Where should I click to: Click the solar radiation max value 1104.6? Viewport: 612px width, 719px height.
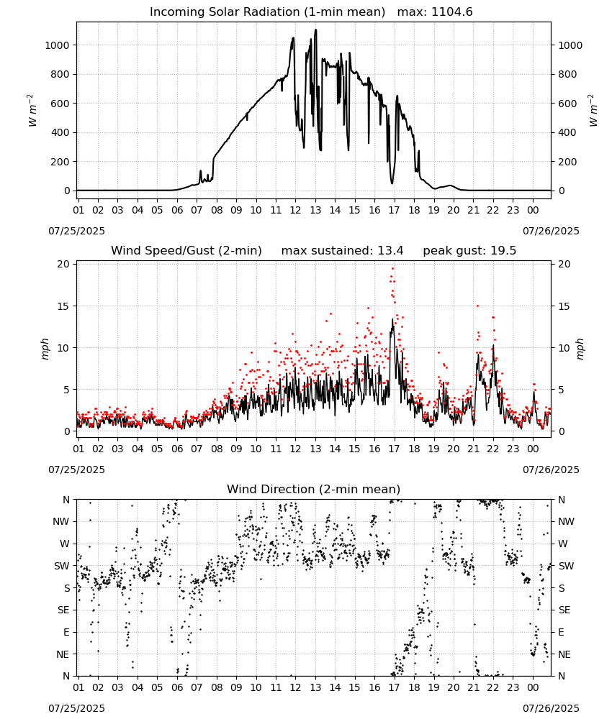tap(451, 12)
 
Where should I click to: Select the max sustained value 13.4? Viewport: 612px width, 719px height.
tap(390, 250)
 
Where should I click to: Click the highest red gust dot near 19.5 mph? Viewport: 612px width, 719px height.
tap(392, 269)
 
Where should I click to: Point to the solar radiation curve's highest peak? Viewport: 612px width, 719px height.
tap(315, 29)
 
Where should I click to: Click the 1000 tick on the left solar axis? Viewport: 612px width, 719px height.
tap(57, 45)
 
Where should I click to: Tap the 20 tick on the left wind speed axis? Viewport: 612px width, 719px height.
tap(63, 264)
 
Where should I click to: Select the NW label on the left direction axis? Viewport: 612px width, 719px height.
tap(61, 521)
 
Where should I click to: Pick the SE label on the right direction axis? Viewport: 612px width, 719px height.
tap(564, 610)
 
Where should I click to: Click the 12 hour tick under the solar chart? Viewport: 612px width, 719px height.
tap(295, 210)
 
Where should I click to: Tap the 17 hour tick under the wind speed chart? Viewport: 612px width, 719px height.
tap(394, 449)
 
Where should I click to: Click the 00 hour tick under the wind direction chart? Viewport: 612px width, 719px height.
tap(533, 688)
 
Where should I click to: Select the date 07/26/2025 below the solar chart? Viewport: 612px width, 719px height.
tap(551, 231)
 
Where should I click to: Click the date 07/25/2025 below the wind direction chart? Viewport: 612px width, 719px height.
tap(76, 708)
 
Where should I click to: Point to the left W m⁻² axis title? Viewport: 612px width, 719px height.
tap(32, 111)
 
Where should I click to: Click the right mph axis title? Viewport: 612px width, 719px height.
tap(580, 349)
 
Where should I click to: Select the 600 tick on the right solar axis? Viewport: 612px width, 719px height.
tap(567, 104)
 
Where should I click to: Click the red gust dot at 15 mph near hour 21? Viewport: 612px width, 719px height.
tap(477, 306)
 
